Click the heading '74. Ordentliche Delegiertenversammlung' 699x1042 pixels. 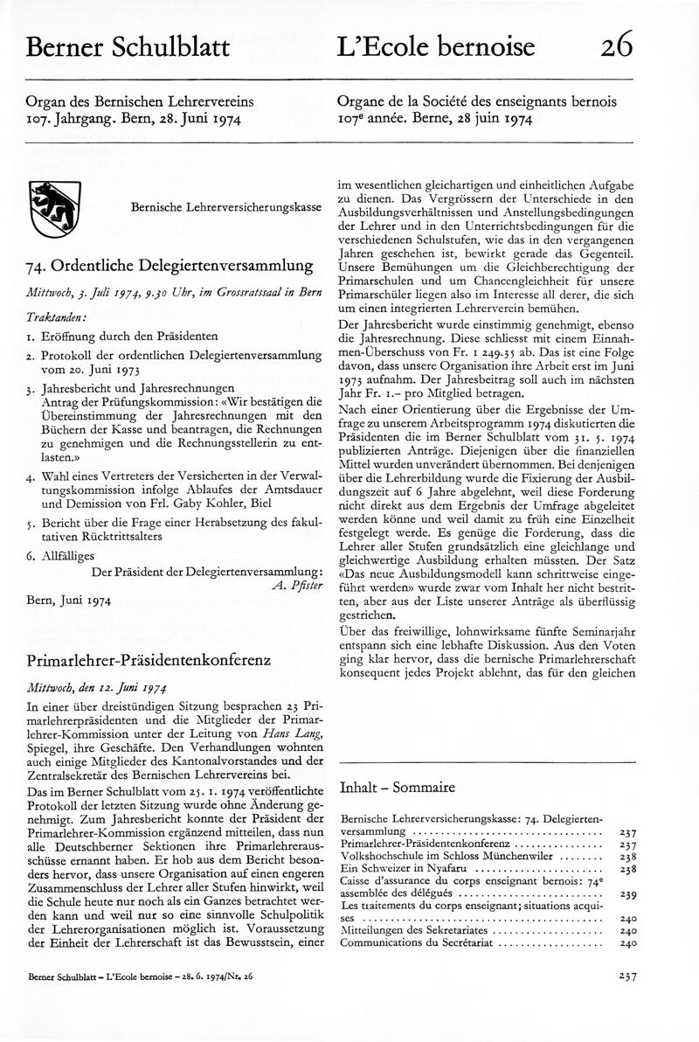point(170,266)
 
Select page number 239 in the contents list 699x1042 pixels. point(627,895)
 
